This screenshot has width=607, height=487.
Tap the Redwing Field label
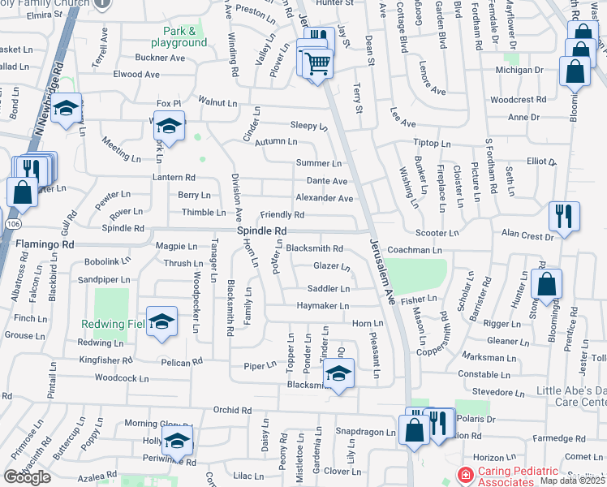(114, 324)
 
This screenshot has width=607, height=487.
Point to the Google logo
(27, 477)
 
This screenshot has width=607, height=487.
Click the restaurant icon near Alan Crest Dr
(564, 216)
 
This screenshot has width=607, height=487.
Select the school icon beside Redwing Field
(161, 321)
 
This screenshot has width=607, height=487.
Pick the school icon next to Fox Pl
(170, 126)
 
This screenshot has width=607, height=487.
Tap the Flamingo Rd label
(45, 243)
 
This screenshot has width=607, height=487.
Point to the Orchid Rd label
(232, 410)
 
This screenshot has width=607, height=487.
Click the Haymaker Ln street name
(322, 306)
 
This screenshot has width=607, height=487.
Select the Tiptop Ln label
(432, 143)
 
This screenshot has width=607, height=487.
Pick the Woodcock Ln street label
(122, 378)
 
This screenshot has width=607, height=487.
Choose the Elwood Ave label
(136, 74)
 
